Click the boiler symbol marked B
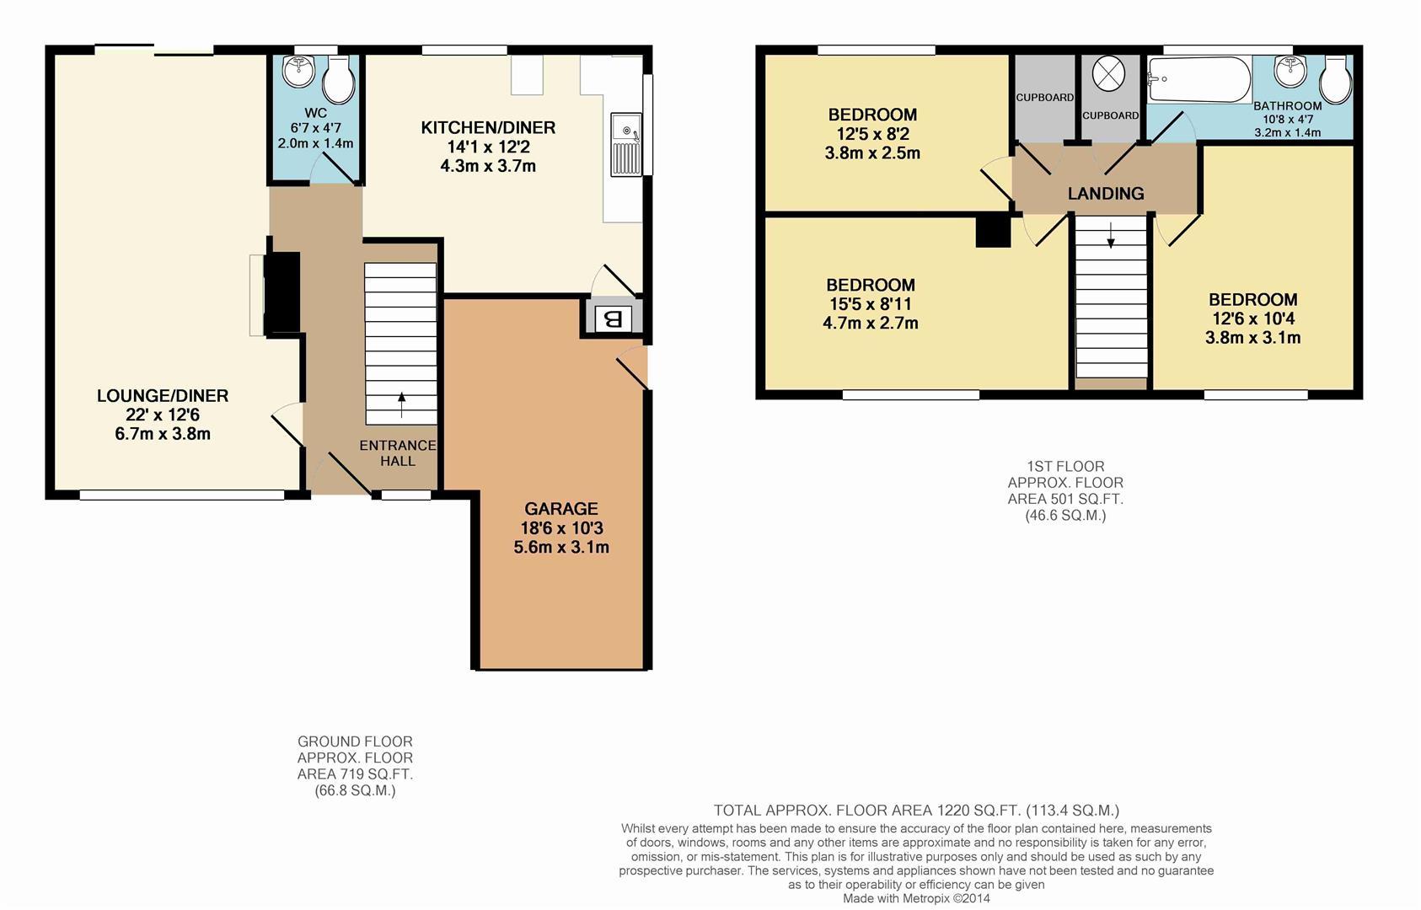(614, 319)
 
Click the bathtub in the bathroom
(1198, 79)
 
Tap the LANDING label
(1105, 194)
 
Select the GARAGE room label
(560, 509)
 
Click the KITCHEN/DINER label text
(488, 128)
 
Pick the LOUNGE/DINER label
(163, 396)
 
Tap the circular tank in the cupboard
(1108, 74)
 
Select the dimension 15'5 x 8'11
(870, 304)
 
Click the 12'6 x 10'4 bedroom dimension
(1252, 318)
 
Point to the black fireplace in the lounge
(282, 293)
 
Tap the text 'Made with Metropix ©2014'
(916, 899)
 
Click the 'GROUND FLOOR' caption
(355, 741)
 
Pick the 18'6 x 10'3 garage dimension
(561, 528)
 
